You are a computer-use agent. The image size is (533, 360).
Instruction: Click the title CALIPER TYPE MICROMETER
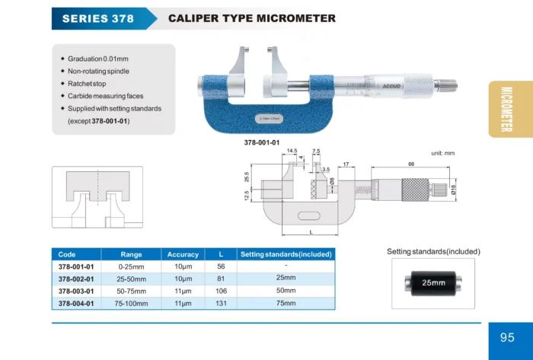point(251,18)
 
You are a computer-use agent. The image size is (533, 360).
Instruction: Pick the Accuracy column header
point(183,254)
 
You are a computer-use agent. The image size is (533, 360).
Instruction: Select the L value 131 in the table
point(220,304)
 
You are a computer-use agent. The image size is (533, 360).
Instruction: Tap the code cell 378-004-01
point(76,304)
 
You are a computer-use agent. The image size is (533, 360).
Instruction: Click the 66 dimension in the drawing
point(411,164)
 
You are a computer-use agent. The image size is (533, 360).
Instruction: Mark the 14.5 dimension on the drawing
point(292,151)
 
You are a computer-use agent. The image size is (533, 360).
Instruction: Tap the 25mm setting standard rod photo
point(432,282)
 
